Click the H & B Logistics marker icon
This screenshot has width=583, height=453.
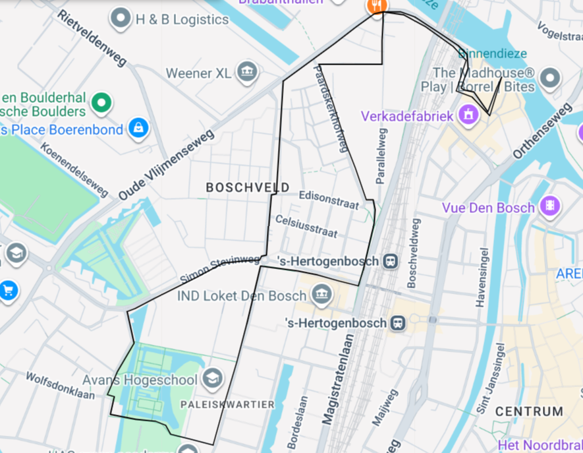[x=121, y=19]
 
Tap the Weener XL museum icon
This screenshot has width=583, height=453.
[x=247, y=72]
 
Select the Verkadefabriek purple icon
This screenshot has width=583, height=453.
[x=468, y=115]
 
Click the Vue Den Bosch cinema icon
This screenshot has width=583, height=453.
[x=549, y=206]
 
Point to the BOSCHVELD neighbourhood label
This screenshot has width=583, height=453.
[x=247, y=187]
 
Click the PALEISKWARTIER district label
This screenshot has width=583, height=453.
[x=227, y=404]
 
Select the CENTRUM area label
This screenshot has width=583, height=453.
[x=529, y=411]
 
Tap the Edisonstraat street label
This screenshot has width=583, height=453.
[x=329, y=200]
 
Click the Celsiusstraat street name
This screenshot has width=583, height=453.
[x=307, y=226]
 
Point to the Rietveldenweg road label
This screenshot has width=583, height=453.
[x=92, y=38]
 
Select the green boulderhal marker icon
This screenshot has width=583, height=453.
[x=101, y=102]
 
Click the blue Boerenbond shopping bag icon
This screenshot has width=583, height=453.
[x=138, y=128]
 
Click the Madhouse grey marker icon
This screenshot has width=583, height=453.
[x=549, y=78]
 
